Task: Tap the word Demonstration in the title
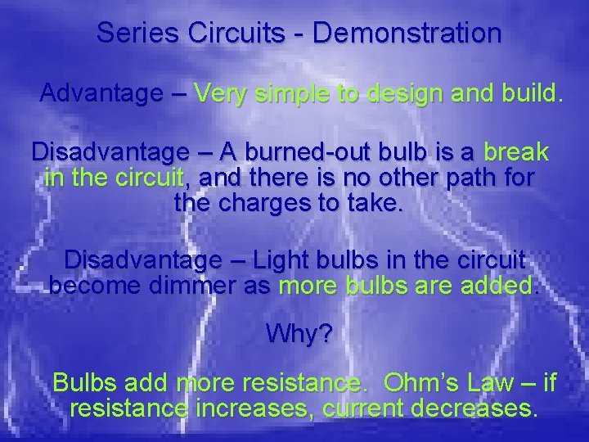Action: pos(407,33)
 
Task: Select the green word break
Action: pos(515,153)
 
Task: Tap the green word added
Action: pos(495,286)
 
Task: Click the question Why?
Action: pos(299,335)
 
